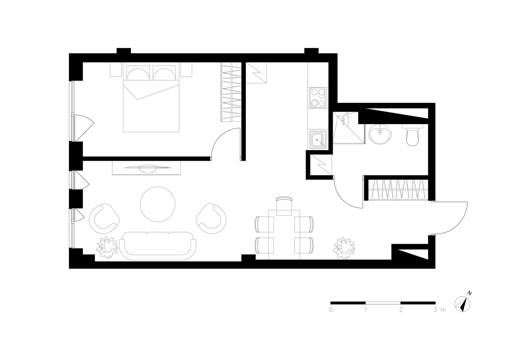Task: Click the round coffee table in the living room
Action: tap(158, 204)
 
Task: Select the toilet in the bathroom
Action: tap(412, 135)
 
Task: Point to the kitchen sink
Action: tap(318, 140)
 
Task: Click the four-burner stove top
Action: tap(318, 98)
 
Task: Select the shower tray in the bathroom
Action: tap(349, 128)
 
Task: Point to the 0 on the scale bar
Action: tap(331, 309)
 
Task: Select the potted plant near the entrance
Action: tap(344, 248)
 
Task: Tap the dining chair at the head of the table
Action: tap(284, 206)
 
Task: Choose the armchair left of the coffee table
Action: tap(104, 219)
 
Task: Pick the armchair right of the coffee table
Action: tap(211, 219)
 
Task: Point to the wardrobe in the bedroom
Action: tap(231, 92)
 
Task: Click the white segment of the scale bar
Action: tap(383, 303)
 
